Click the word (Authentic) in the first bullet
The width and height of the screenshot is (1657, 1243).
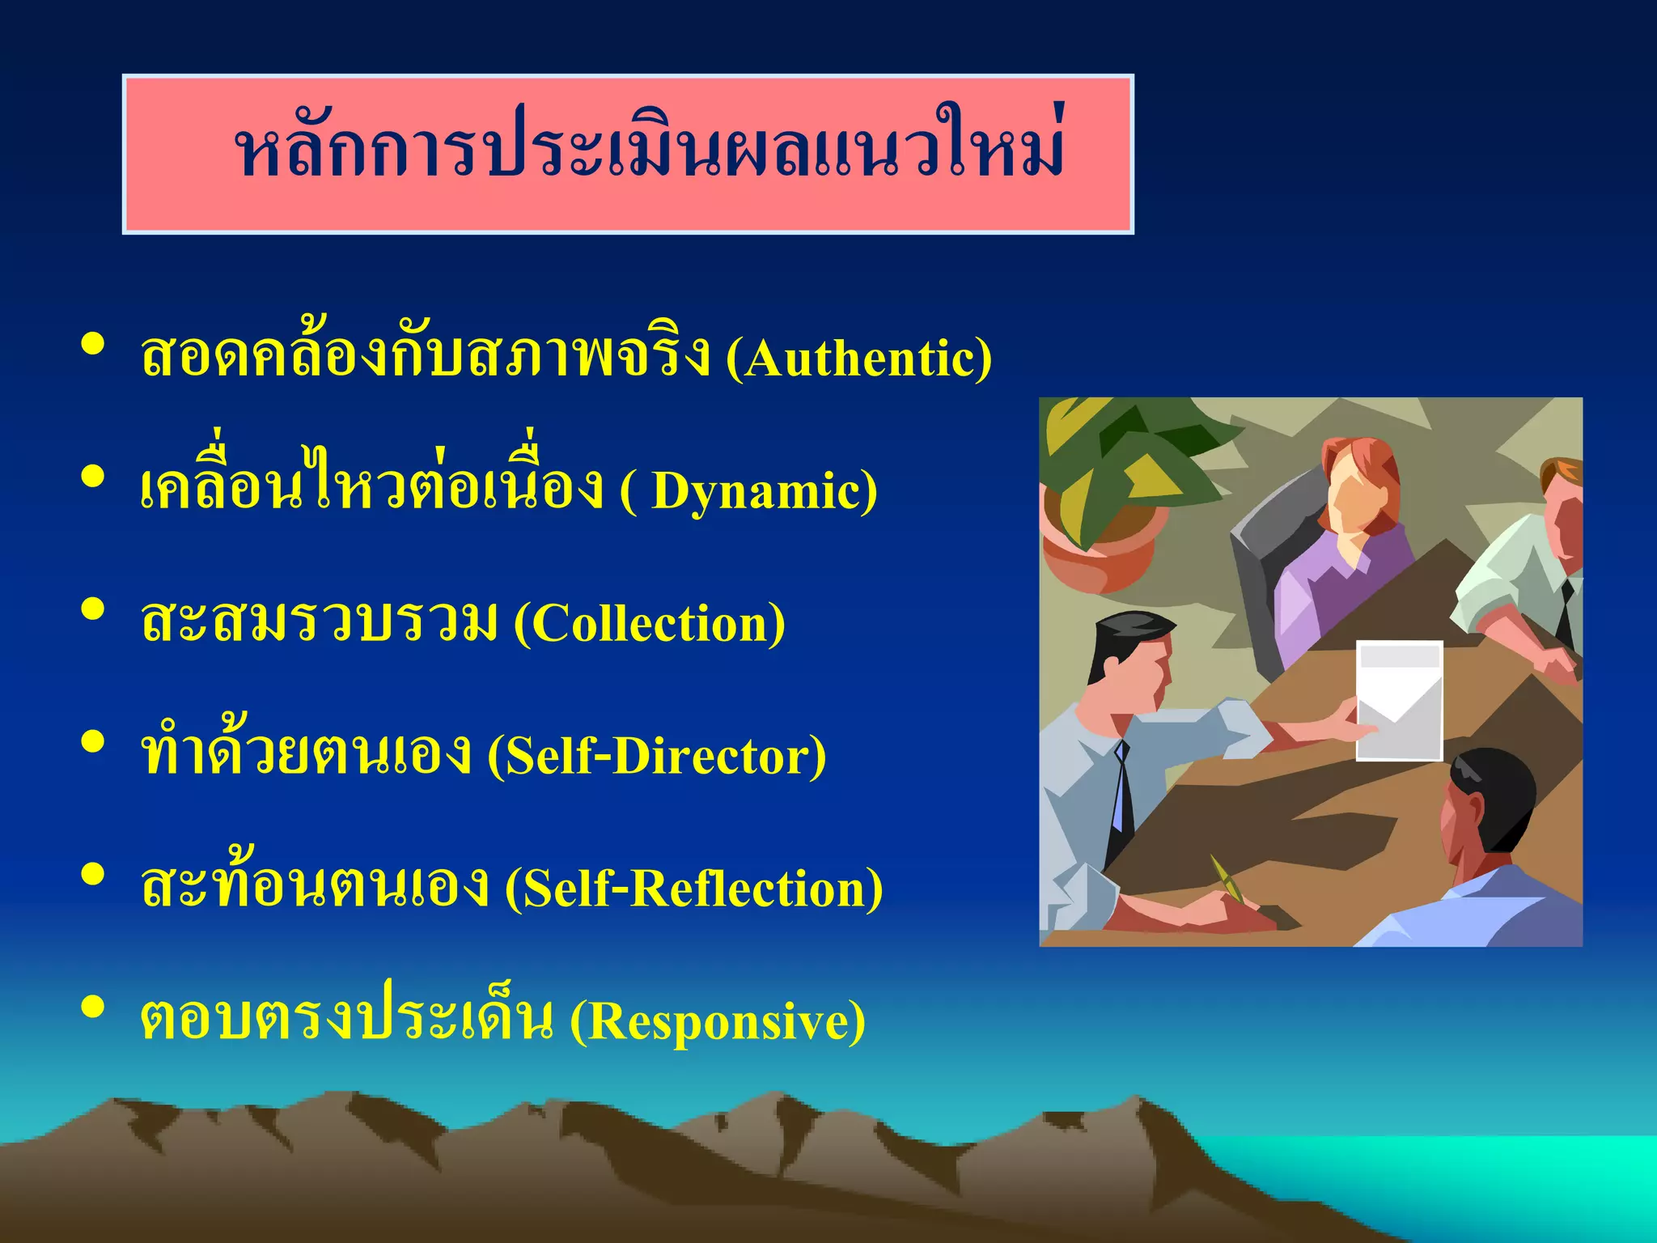858,358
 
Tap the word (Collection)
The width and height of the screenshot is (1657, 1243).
650,624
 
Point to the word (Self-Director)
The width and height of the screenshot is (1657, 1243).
656,757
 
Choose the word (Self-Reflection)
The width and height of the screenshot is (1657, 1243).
693,889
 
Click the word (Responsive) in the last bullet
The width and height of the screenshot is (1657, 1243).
718,1021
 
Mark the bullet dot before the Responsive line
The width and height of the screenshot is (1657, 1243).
93,1007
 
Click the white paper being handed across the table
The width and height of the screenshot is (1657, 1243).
1399,699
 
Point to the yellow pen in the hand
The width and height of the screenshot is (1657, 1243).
1228,879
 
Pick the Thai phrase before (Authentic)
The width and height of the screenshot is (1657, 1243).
425,356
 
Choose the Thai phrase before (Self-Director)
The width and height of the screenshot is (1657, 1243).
306,753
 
